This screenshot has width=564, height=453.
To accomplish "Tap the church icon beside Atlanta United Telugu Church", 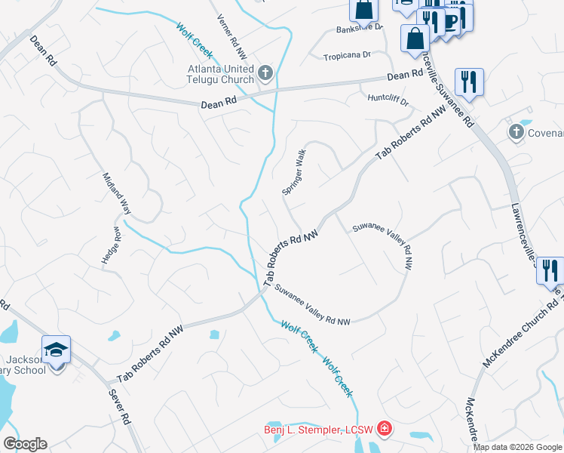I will coord(265,72).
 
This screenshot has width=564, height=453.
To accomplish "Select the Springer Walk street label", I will coord(294,173).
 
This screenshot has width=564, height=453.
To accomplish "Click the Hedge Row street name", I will coord(112,245).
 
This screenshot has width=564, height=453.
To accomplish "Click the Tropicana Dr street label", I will coord(347,56).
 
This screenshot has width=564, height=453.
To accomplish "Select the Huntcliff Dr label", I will coord(387,99).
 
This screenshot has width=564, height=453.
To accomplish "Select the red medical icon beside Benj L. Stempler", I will coord(385,430).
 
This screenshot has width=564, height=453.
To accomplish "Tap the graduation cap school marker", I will coord(56,350).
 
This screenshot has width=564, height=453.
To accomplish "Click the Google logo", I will coord(25,444).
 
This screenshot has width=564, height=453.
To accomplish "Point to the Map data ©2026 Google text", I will coord(517,447).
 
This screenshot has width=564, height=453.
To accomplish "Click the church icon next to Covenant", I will coord(516,133).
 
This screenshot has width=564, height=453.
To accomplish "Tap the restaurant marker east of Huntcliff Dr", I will coord(469,82).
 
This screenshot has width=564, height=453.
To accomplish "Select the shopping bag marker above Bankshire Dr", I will coord(363,10).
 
